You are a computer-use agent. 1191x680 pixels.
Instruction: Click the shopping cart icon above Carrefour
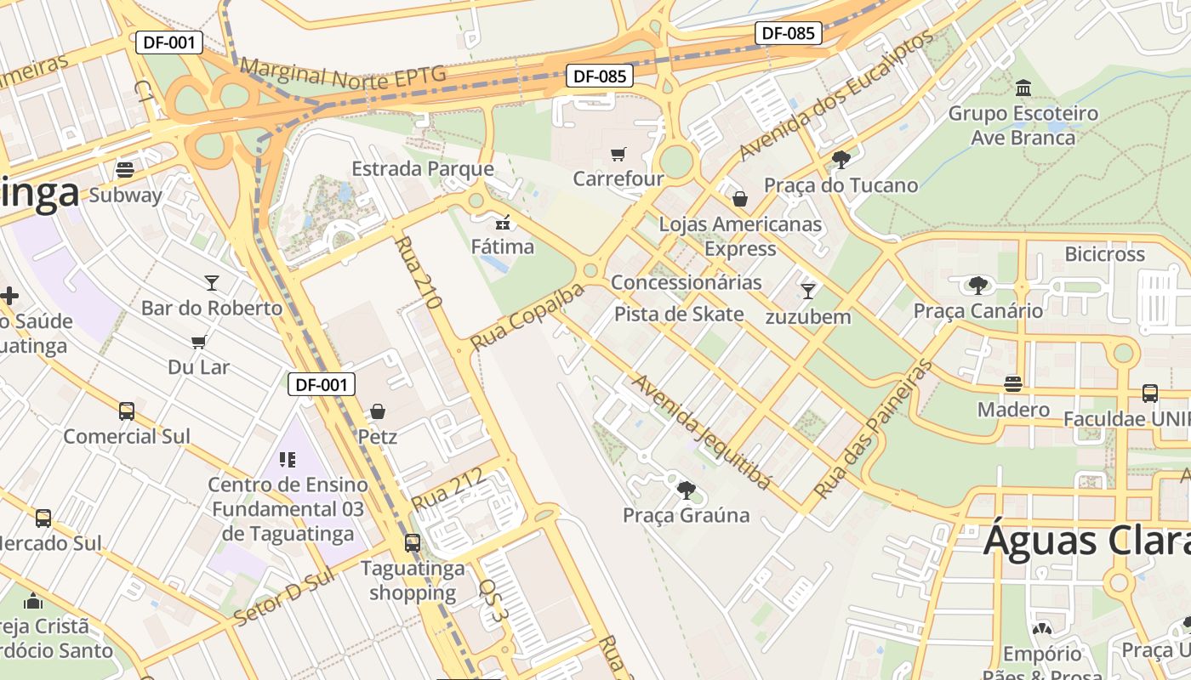(618, 154)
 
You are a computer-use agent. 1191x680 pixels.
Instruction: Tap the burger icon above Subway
(125, 169)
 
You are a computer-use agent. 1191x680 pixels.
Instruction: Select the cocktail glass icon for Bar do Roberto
(211, 282)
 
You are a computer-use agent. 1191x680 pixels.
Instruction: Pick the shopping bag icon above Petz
(378, 411)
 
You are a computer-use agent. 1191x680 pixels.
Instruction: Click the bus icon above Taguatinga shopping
(413, 542)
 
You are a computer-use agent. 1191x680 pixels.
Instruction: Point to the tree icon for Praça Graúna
(686, 490)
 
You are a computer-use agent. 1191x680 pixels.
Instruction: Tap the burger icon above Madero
(1012, 383)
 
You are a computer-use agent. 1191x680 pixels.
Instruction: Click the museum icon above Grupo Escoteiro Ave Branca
(1023, 88)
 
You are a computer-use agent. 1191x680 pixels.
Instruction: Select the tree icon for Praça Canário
(977, 285)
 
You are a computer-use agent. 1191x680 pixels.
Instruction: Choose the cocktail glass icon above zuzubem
(807, 292)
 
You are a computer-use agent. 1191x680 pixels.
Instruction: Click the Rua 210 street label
(417, 272)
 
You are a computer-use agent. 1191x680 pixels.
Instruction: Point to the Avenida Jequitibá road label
(702, 432)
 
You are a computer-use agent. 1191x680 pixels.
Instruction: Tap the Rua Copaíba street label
(527, 317)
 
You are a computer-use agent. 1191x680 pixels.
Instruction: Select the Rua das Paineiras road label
(874, 429)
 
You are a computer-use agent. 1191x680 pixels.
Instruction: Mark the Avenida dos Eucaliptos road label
(835, 95)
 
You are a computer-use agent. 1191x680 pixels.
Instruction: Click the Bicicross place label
(1104, 254)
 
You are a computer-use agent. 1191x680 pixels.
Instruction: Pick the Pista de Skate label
(679, 314)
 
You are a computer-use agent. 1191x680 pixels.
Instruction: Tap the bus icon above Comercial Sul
(127, 411)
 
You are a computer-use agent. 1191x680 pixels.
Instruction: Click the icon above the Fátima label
(503, 223)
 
